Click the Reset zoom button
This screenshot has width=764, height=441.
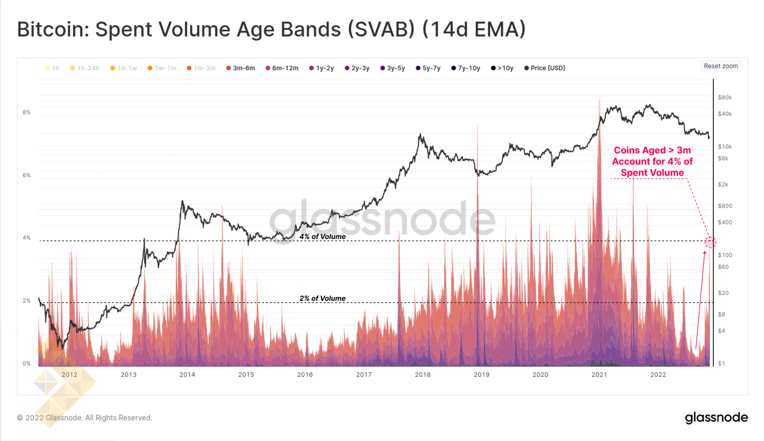point(721,66)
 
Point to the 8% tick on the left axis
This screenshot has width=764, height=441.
point(26,112)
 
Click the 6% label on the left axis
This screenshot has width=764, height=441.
point(26,176)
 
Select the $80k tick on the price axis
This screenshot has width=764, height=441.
point(724,98)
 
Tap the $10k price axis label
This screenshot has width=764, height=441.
point(724,147)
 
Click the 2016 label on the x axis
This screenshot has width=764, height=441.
point(305,375)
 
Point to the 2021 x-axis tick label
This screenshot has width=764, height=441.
point(599,375)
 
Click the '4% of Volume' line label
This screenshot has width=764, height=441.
point(322,237)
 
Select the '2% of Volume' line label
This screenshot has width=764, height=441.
point(322,298)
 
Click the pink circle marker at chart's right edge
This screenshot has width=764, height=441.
point(710,243)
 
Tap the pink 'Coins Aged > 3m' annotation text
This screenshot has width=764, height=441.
point(652,162)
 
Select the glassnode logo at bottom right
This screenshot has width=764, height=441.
point(716,418)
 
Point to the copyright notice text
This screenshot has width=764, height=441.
point(85,418)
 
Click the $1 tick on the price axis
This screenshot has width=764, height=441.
point(721,364)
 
